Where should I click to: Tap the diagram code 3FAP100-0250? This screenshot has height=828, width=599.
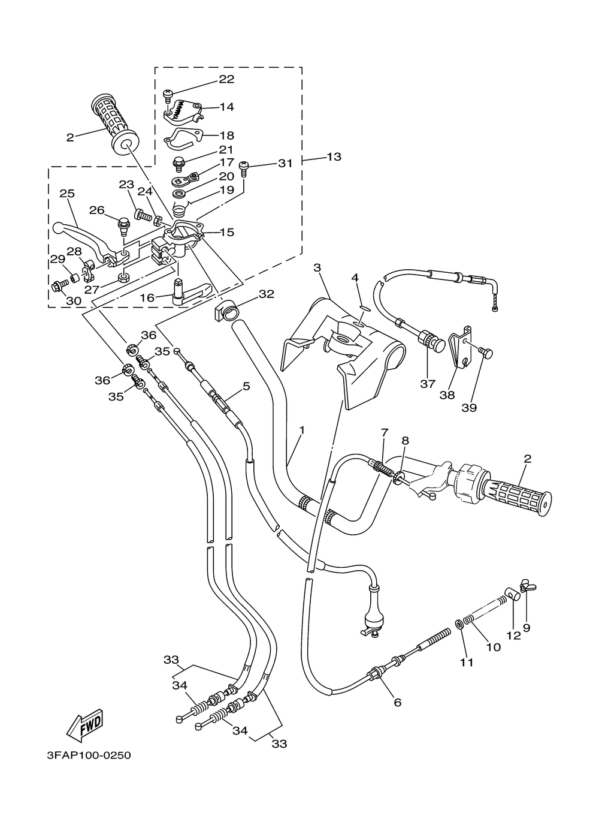pos(89,773)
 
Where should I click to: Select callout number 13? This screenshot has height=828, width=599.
pos(334,156)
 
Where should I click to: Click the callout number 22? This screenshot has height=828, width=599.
pos(227,79)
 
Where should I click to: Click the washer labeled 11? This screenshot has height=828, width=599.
pos(459,625)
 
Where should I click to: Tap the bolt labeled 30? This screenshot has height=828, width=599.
pos(60,286)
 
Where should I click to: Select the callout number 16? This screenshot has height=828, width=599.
pos(147,297)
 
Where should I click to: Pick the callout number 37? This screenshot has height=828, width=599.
pos(428,384)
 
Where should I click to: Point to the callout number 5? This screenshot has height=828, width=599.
pos(246,387)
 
